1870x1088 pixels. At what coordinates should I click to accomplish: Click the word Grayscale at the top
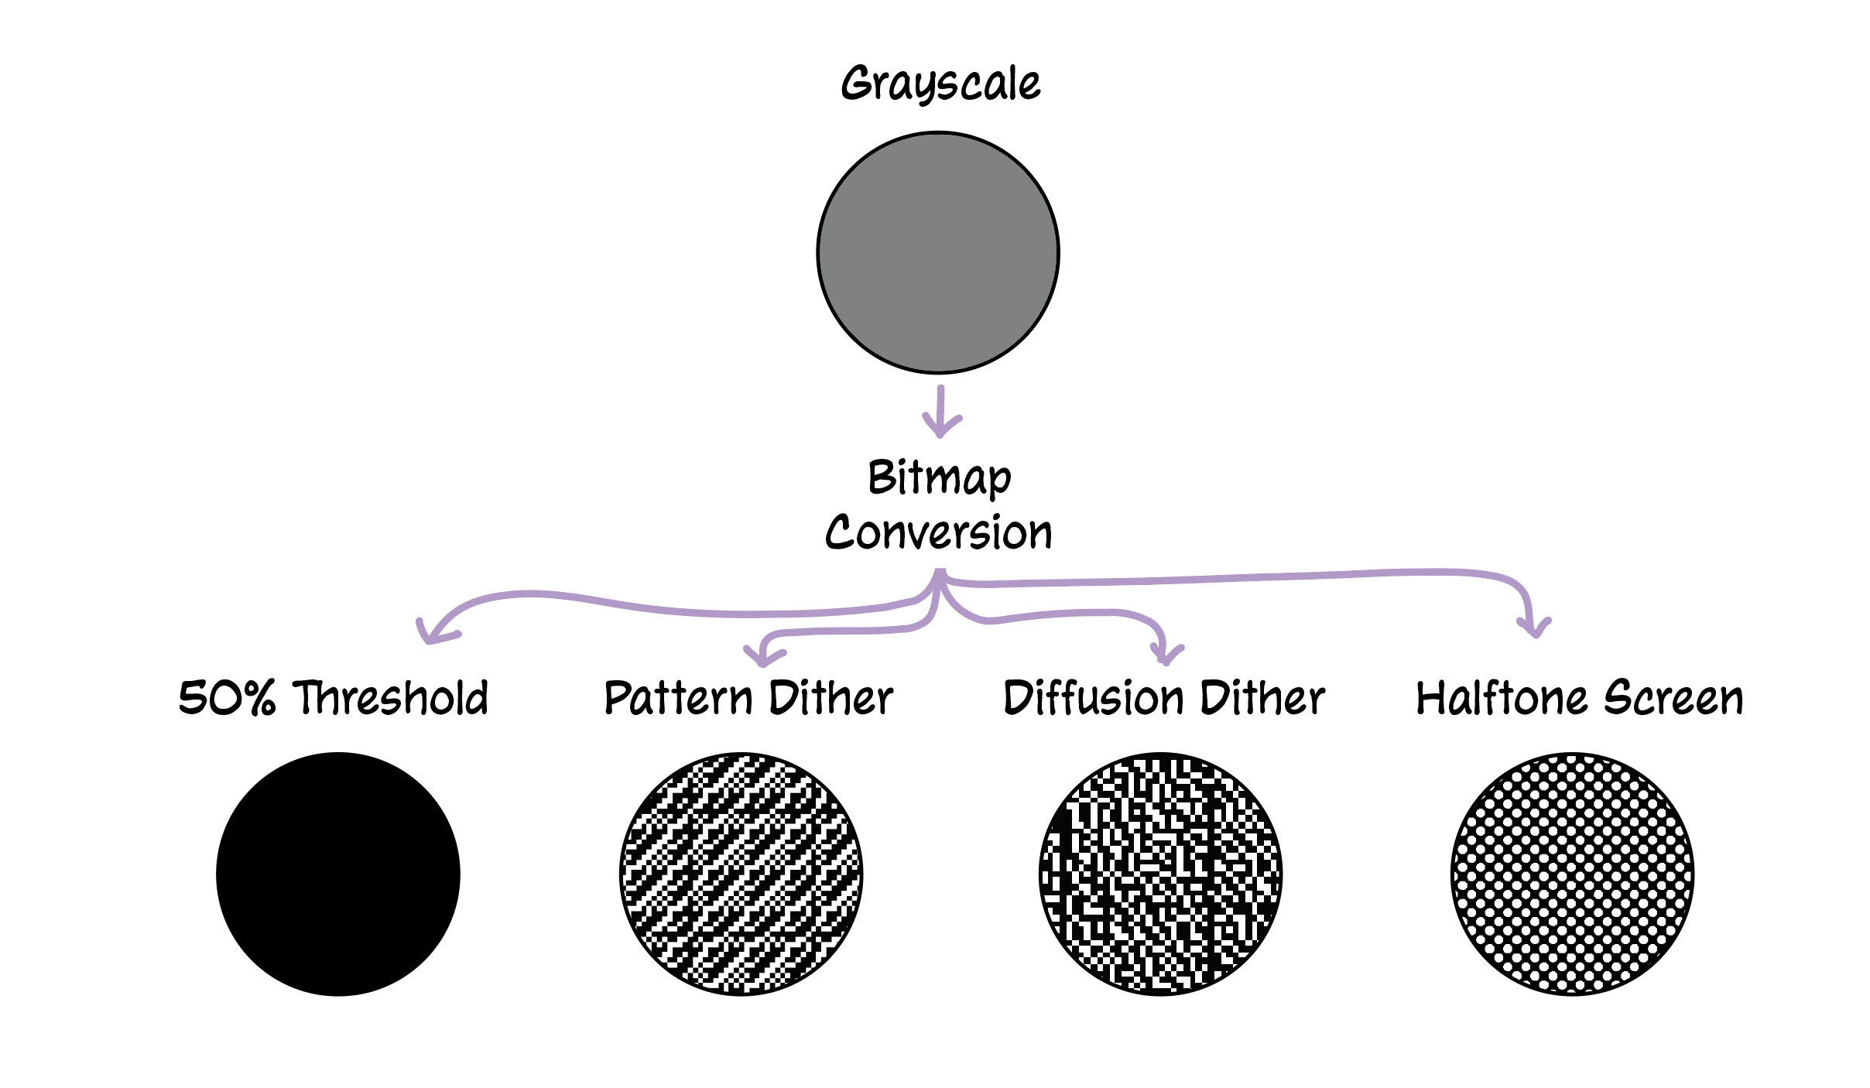(x=940, y=84)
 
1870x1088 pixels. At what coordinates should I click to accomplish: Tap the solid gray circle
(x=938, y=253)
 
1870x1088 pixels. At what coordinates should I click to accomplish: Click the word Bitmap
(x=939, y=477)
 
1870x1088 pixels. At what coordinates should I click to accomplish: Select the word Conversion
(x=939, y=532)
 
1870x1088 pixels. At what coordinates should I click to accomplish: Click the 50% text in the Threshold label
(x=226, y=697)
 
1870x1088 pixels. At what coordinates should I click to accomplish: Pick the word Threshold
(x=392, y=697)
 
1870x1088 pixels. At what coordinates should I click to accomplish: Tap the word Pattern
(x=678, y=697)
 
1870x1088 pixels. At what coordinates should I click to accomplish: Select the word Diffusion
(x=1094, y=697)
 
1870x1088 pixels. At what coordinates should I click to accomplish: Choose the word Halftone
(x=1502, y=697)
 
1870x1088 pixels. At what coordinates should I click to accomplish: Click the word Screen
(x=1673, y=697)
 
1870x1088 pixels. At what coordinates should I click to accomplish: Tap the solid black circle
(x=338, y=874)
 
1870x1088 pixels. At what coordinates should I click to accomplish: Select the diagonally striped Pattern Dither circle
(x=741, y=874)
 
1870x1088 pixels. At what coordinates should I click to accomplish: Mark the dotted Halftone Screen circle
(x=1572, y=874)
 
